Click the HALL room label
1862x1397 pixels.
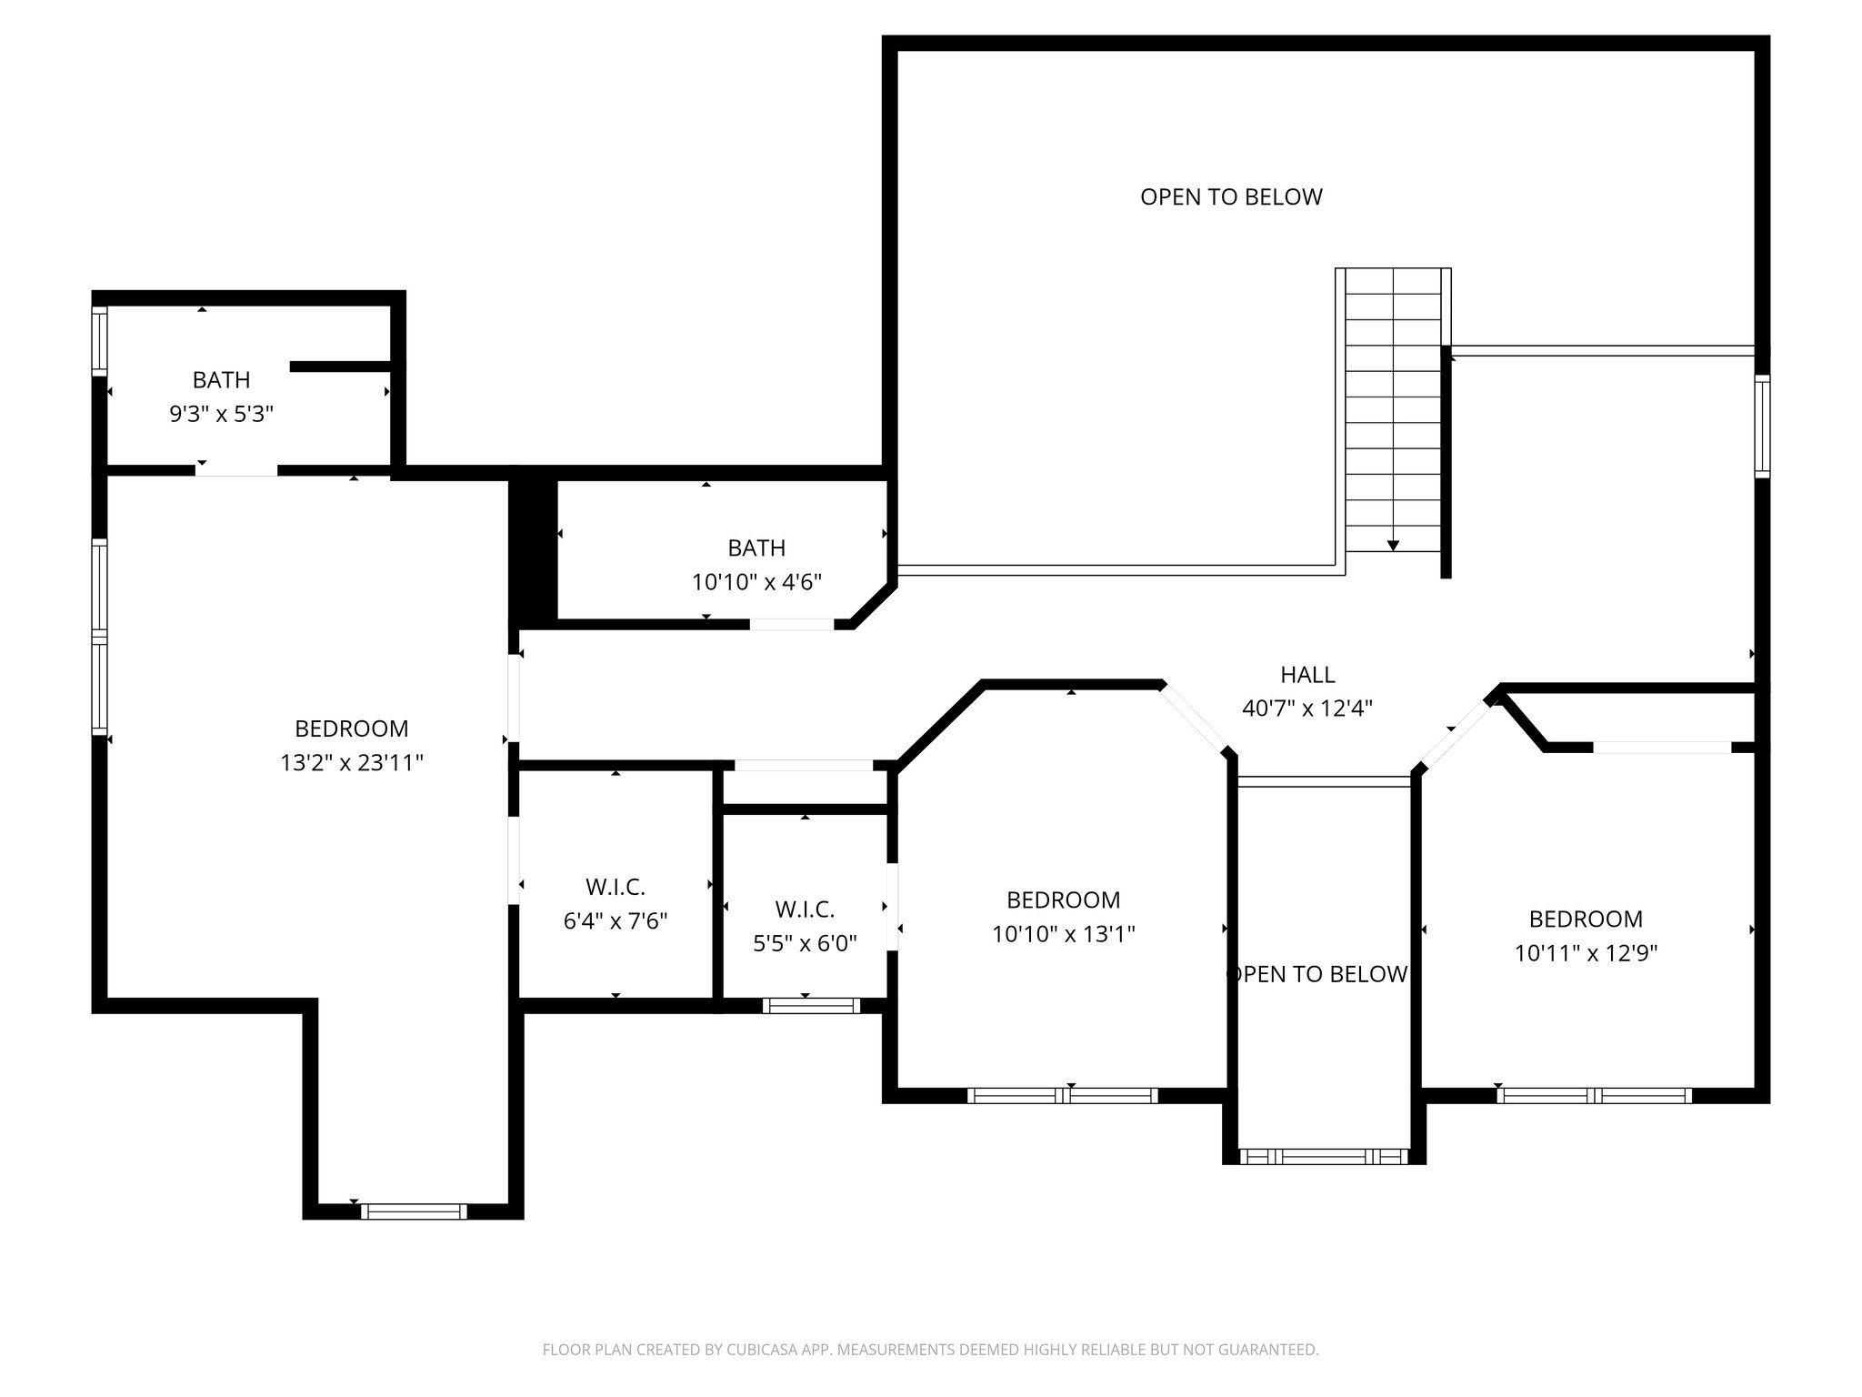click(1307, 675)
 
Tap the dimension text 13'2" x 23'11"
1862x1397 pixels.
click(352, 763)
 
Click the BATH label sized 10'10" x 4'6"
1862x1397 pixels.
click(756, 548)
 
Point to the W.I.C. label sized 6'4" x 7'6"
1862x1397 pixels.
click(616, 887)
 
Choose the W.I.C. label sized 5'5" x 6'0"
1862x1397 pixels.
click(805, 910)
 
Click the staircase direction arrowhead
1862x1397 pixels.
click(1393, 546)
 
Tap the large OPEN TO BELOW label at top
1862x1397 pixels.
click(1231, 197)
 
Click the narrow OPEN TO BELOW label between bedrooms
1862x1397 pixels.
click(1317, 975)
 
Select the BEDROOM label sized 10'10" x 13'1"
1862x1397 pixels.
click(1063, 900)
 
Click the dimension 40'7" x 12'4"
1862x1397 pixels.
click(1307, 709)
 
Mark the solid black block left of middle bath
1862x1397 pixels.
click(532, 550)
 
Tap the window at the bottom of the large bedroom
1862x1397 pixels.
click(414, 1211)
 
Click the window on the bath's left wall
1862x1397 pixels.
click(100, 341)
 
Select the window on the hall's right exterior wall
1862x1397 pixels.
click(1762, 426)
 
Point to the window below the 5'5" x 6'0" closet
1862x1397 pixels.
click(811, 1005)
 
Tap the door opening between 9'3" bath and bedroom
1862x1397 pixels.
click(236, 470)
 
